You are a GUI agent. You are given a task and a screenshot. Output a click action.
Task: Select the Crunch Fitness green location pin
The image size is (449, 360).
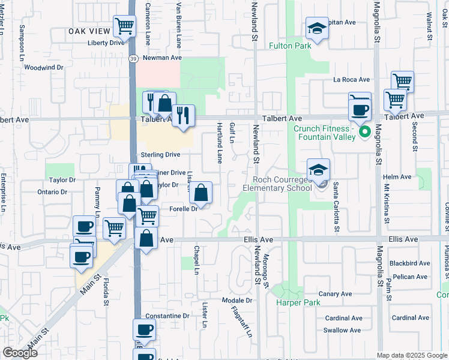coord(363,132)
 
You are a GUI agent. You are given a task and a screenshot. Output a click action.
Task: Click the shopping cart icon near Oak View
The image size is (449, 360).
coord(124,27)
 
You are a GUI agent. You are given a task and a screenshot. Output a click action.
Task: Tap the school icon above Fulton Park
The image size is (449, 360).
coord(316,29)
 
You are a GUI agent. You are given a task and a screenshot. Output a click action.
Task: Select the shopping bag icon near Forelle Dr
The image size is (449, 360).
coord(201,194)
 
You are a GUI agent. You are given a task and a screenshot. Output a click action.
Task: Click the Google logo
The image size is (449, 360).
coord(20,352)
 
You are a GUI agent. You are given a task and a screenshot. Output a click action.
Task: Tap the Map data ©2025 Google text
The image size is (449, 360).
coord(411,355)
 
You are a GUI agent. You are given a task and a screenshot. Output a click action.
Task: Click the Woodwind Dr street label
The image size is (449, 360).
coord(44,68)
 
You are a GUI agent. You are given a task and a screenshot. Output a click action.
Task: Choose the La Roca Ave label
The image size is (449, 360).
coord(352,79)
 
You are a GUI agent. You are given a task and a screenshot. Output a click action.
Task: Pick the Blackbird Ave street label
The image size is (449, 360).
coord(409,263)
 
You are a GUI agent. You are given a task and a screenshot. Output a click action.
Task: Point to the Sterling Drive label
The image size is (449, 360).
coord(160,155)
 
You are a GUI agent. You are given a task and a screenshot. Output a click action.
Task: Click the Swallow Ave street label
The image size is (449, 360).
coord(342,330)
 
